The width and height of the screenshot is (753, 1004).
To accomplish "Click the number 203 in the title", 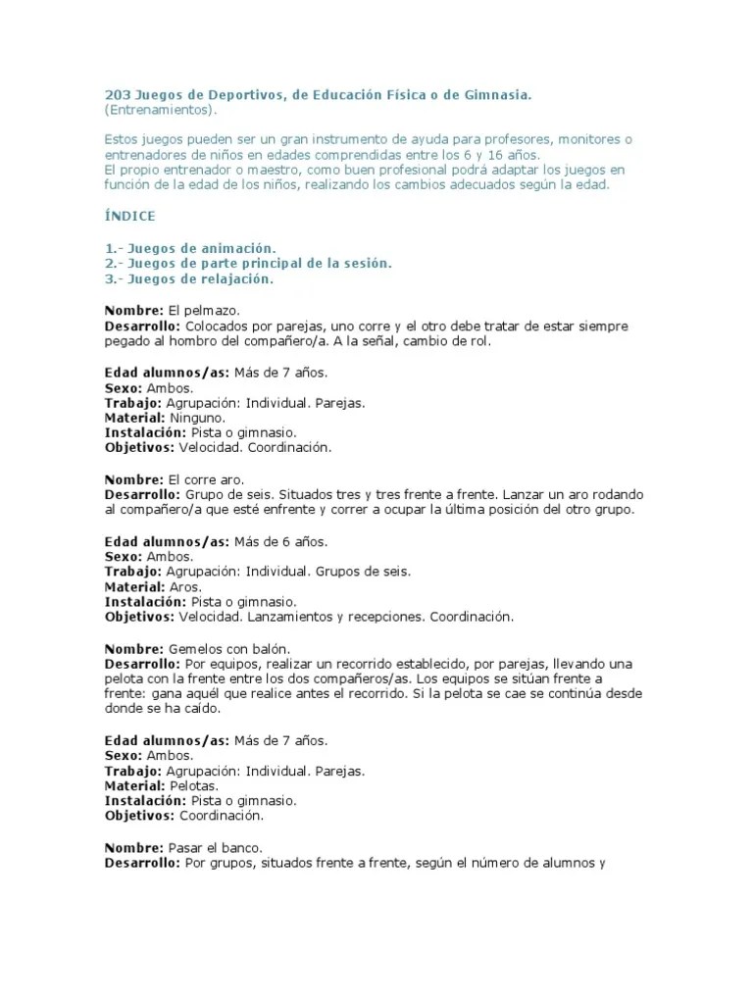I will [x=116, y=94].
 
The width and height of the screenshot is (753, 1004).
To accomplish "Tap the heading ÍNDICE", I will [x=130, y=216].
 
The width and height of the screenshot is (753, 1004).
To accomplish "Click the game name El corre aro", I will [x=205, y=479].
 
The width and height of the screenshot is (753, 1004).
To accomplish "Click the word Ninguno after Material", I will [x=197, y=418].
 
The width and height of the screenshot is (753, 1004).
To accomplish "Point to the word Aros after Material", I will [x=186, y=587].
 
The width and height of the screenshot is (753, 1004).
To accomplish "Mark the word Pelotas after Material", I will [x=194, y=785].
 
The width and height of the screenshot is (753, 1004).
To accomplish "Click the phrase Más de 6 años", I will [x=280, y=541].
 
